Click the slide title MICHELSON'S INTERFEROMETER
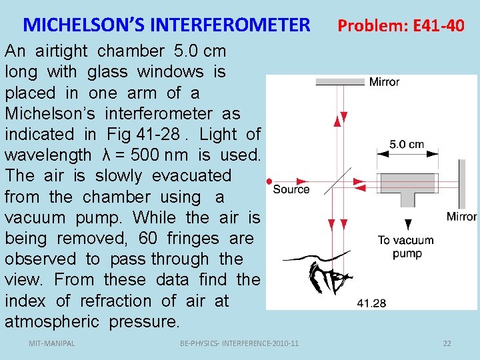click(x=167, y=25)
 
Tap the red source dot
click(x=269, y=181)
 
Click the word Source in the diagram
click(x=291, y=189)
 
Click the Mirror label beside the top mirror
click(x=384, y=82)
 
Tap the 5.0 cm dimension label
click(x=407, y=145)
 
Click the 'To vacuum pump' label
click(x=405, y=247)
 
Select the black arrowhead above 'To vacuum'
click(x=406, y=225)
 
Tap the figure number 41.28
click(x=371, y=303)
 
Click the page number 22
click(x=447, y=343)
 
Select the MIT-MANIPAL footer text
click(x=52, y=343)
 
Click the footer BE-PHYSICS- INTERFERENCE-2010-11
click(x=239, y=343)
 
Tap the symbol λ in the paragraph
click(x=106, y=155)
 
